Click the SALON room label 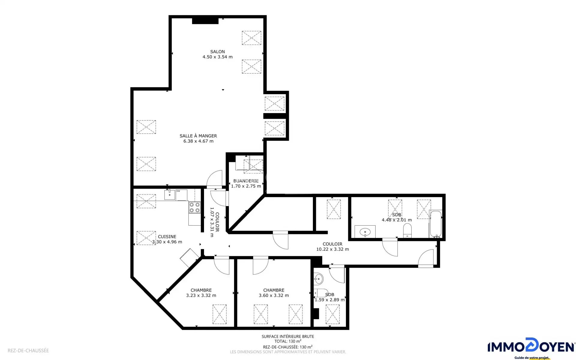pyautogui.click(x=217, y=52)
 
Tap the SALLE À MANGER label pyautogui.click(x=198, y=136)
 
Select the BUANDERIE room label pyautogui.click(x=246, y=181)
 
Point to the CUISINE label pyautogui.click(x=167, y=237)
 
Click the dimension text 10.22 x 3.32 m pyautogui.click(x=332, y=249)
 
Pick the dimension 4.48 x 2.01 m pyautogui.click(x=397, y=220)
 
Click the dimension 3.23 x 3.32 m pyautogui.click(x=201, y=295)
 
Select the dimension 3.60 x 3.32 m pyautogui.click(x=274, y=295)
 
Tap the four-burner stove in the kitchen pyautogui.click(x=194, y=207)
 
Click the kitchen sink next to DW pyautogui.click(x=169, y=195)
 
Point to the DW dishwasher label pyautogui.click(x=178, y=191)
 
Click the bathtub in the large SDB pyautogui.click(x=436, y=224)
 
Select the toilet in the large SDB pyautogui.click(x=407, y=230)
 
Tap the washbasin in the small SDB pyautogui.click(x=318, y=279)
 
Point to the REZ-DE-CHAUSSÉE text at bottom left pyautogui.click(x=28, y=350)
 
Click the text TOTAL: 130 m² pyautogui.click(x=288, y=341)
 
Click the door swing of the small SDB pyautogui.click(x=337, y=274)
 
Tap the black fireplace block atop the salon pyautogui.click(x=205, y=21)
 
